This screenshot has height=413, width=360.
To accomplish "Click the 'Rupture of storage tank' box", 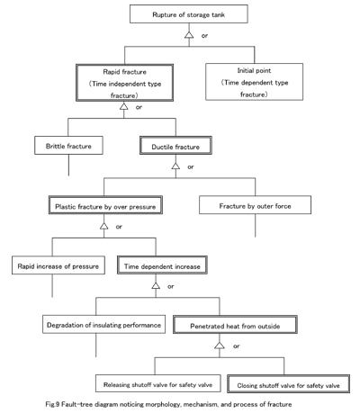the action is coord(189,13).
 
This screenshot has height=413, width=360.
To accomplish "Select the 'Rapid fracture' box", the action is coord(124,83).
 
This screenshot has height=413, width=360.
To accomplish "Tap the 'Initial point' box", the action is coord(254,82).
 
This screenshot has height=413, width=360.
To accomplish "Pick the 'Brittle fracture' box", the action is coord(68,146).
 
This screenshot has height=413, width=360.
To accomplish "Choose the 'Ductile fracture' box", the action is coord(175,146).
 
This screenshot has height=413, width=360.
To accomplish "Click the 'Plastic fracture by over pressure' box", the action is coord(105,205).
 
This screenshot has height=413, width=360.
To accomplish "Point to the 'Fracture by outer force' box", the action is coord(255,205).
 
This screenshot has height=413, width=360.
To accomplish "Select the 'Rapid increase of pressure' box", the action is coord(58,265).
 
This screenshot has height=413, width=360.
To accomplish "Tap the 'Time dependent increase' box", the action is coord(162,265).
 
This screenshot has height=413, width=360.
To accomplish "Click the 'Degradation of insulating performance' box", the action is coord(103,324).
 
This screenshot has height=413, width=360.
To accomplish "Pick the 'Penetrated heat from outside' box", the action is coord(235,325).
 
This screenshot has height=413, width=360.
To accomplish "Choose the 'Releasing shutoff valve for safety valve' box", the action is coord(158,383).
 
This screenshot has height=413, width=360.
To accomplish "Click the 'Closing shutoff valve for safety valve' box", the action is coord(288,383).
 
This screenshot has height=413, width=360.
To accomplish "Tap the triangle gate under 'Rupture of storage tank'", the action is coord(189,34).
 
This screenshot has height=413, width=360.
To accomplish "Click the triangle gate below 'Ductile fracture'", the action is coord(175,166).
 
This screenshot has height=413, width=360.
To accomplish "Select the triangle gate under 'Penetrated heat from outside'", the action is coord(220,346).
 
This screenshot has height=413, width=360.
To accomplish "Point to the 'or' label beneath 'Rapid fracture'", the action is coord(139,107).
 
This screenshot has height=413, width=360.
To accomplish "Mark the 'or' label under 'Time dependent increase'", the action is coord(171,286).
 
